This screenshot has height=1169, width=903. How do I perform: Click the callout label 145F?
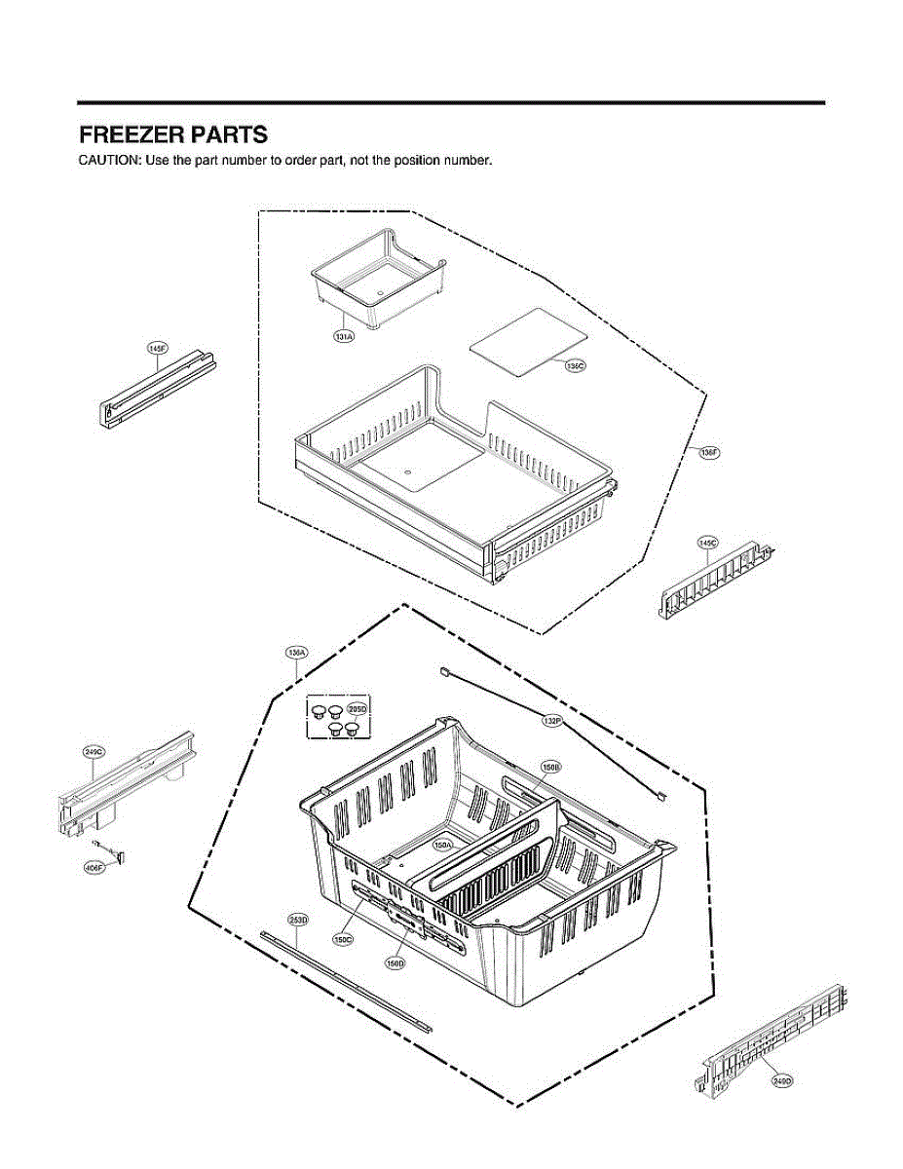click(158, 348)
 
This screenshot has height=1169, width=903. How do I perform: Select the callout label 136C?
click(575, 365)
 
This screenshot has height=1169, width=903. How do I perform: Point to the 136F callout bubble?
click(707, 452)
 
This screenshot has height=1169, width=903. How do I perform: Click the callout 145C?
click(707, 542)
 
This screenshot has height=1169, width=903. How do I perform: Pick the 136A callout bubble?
click(296, 652)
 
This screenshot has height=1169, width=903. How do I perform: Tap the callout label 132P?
click(551, 721)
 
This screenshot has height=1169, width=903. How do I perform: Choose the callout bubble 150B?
click(550, 768)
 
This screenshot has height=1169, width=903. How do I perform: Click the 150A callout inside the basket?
click(443, 846)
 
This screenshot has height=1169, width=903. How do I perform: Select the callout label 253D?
click(298, 920)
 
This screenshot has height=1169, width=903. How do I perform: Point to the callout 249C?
click(94, 752)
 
